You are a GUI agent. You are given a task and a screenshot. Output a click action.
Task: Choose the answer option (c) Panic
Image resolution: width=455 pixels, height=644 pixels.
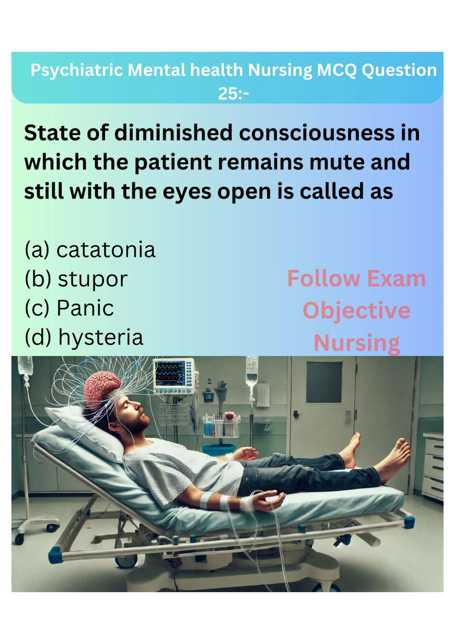(x=69, y=308)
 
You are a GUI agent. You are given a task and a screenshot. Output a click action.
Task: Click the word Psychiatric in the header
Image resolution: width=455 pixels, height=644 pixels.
(x=76, y=70)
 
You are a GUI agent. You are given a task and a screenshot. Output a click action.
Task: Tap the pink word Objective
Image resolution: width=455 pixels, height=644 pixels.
(x=356, y=311)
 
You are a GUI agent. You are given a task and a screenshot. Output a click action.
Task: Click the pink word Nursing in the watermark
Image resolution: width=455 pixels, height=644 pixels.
(x=357, y=343)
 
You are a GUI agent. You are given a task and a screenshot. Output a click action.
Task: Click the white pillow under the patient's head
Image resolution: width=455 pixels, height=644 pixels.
(x=84, y=432)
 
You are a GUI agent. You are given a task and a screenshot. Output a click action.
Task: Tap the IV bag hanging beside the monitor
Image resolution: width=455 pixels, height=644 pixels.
(x=252, y=371)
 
